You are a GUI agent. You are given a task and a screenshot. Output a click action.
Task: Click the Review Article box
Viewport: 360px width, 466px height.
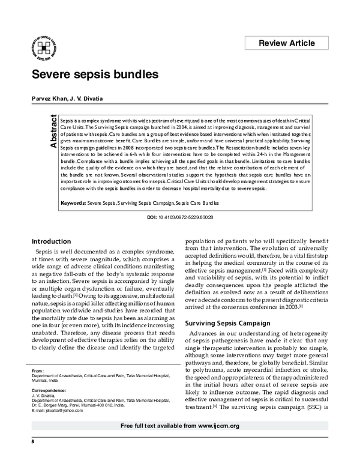[x=286, y=43]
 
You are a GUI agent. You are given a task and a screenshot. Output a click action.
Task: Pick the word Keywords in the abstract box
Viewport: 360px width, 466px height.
[x=73, y=204]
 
